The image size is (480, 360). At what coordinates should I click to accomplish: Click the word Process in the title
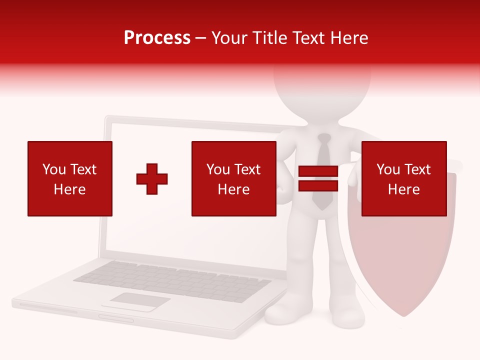coord(157,38)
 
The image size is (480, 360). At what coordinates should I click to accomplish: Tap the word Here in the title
coord(348,38)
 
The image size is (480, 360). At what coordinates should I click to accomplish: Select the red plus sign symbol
coord(152,179)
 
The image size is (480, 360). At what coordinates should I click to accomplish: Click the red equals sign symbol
coord(318,179)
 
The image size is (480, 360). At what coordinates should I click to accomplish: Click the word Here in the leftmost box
coord(69,189)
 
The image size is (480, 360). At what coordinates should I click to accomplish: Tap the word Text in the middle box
coord(247,169)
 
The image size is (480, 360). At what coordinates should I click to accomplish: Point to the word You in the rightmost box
coord(388,169)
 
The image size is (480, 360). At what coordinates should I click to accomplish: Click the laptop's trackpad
coord(140,301)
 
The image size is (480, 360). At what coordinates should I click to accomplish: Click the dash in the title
coord(201,38)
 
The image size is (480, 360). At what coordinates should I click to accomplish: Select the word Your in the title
coord(230,38)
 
